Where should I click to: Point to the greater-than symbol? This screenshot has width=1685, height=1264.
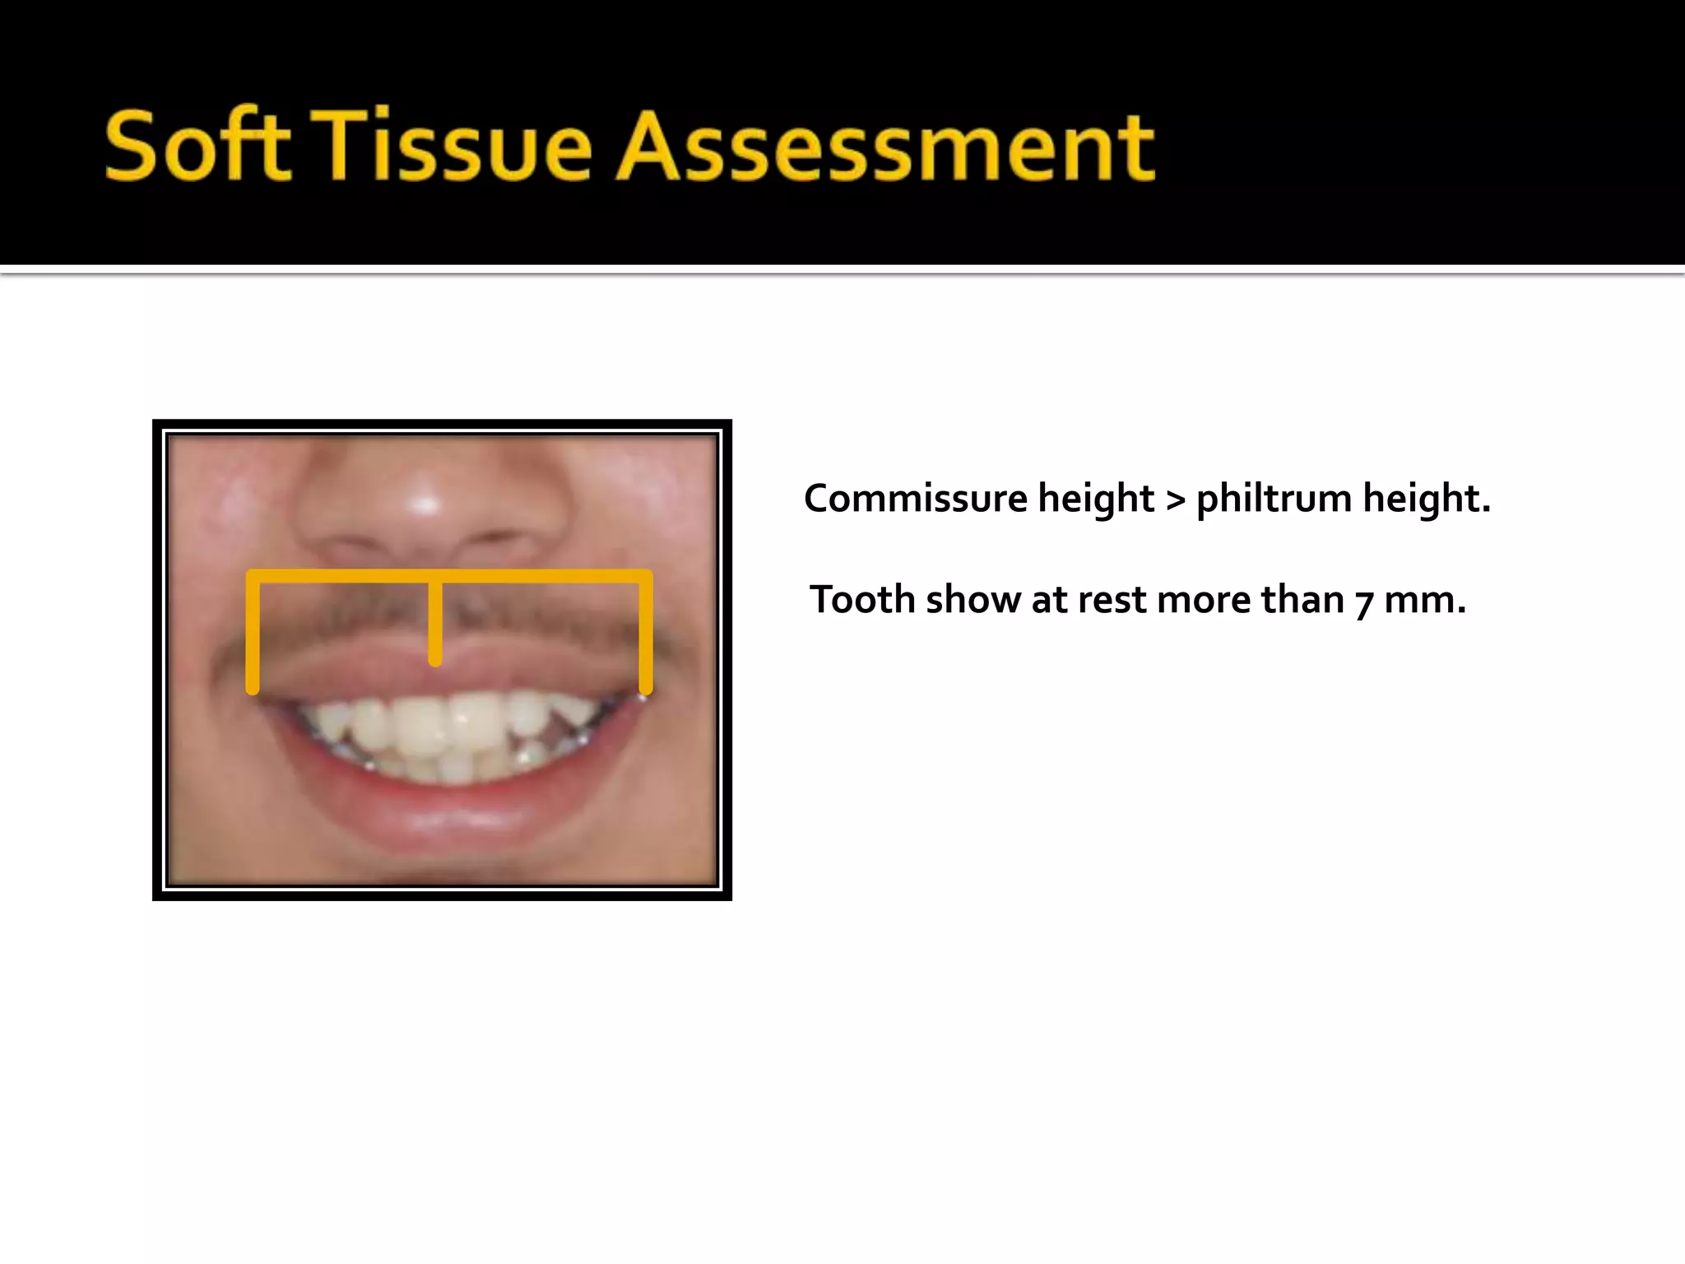coord(1176,500)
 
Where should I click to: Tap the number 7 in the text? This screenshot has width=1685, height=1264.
coord(1364,602)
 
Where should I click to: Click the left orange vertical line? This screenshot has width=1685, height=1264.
coord(253,634)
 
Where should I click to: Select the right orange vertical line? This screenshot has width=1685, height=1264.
coord(646,634)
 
